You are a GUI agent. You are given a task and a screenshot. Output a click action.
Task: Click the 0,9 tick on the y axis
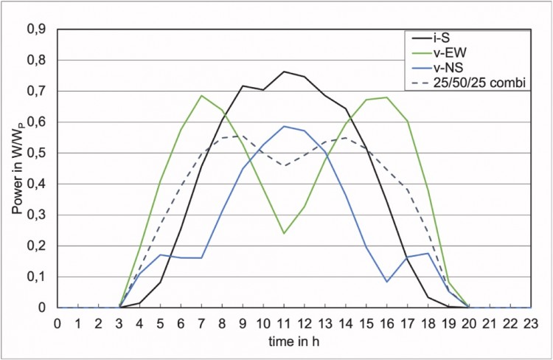[x=35, y=29]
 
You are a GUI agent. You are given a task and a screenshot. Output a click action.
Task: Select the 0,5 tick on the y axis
[x=35, y=153]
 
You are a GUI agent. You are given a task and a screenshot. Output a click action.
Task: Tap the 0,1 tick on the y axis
[x=35, y=277]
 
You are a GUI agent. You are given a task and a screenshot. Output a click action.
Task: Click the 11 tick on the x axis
[x=284, y=323]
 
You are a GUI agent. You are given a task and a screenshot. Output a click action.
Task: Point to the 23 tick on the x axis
[x=530, y=323]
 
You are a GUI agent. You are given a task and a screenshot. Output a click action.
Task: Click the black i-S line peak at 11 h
[x=284, y=72]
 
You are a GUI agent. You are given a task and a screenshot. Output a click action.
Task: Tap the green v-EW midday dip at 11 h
[x=284, y=233]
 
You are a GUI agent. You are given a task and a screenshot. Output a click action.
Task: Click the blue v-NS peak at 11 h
[x=284, y=126]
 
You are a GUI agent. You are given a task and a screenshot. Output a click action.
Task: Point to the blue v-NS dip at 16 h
[x=386, y=281]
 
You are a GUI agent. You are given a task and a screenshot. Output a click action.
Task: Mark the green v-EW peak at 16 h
[x=386, y=97]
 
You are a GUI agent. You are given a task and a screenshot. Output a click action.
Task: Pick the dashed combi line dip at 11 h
[x=284, y=165]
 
